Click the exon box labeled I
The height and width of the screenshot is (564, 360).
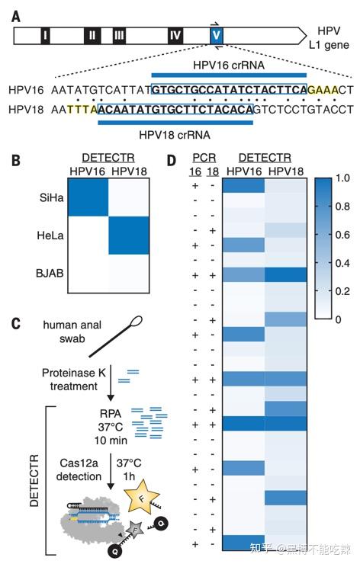pos(46,35)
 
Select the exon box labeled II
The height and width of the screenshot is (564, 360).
pos(92,35)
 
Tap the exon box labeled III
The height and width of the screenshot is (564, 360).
pos(118,35)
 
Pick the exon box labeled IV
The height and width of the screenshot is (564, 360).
pos(175,35)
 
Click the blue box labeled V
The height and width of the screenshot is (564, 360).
pos(217,35)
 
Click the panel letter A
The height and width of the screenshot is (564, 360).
pos(16,12)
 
